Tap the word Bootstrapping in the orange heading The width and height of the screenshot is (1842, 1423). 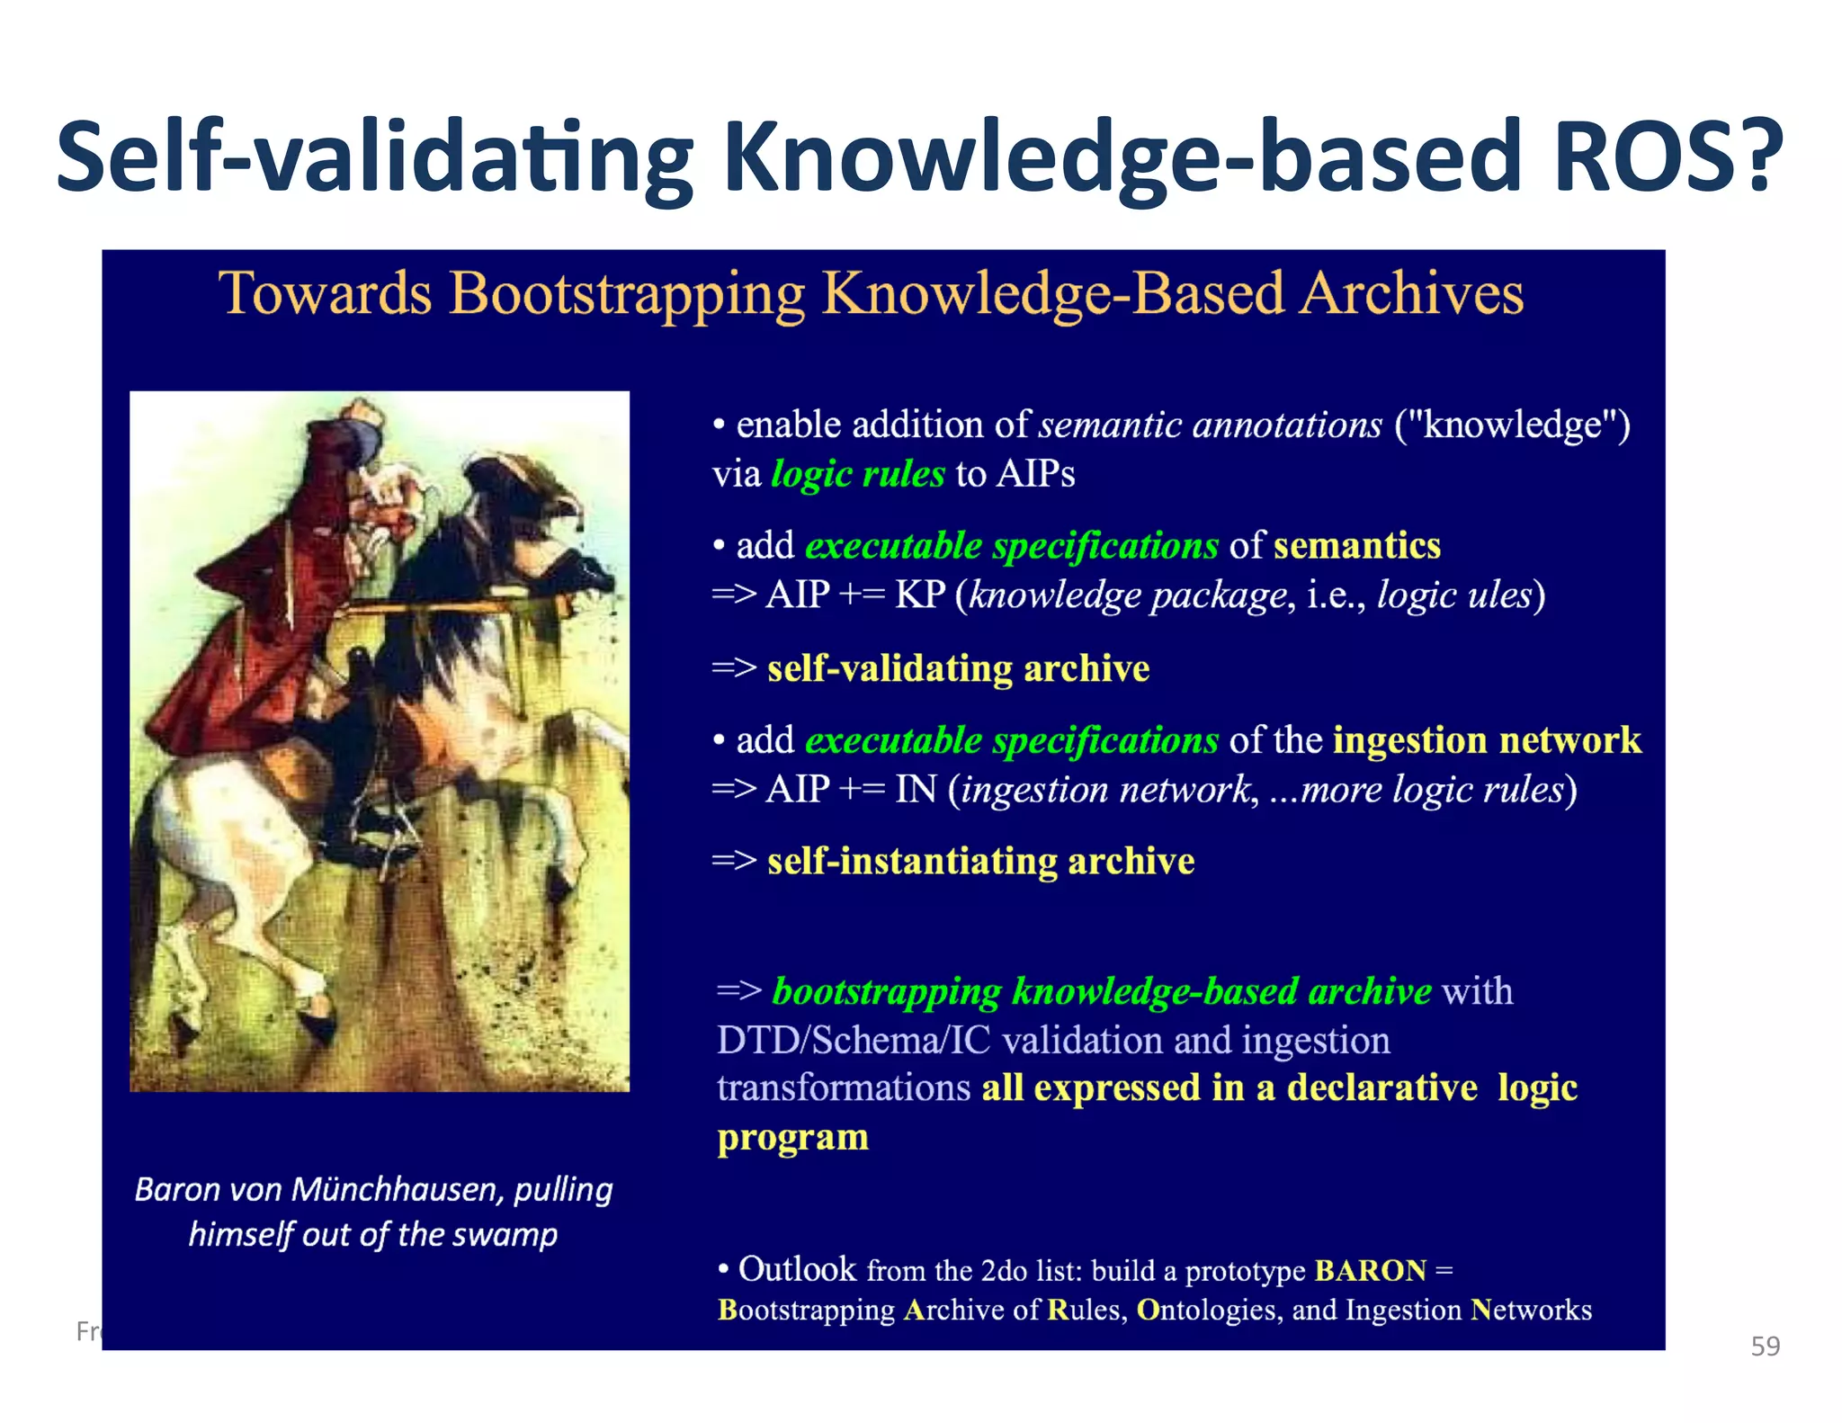[x=626, y=294]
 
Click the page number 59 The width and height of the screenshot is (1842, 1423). [x=1765, y=1347]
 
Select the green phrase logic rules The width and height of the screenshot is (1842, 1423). [x=858, y=474]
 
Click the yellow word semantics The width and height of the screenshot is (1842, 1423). [x=1356, y=546]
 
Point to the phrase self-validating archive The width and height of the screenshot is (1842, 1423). [x=958, y=668]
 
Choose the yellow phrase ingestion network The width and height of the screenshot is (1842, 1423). [x=1487, y=740]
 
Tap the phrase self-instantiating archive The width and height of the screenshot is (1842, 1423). [x=980, y=862]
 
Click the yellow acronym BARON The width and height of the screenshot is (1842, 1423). [x=1370, y=1270]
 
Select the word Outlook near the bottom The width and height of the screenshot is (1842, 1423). [x=797, y=1269]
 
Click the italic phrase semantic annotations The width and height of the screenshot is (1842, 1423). [x=1210, y=425]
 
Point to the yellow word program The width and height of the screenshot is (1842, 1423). [x=792, y=1137]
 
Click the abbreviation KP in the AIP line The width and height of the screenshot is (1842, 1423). [x=919, y=595]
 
